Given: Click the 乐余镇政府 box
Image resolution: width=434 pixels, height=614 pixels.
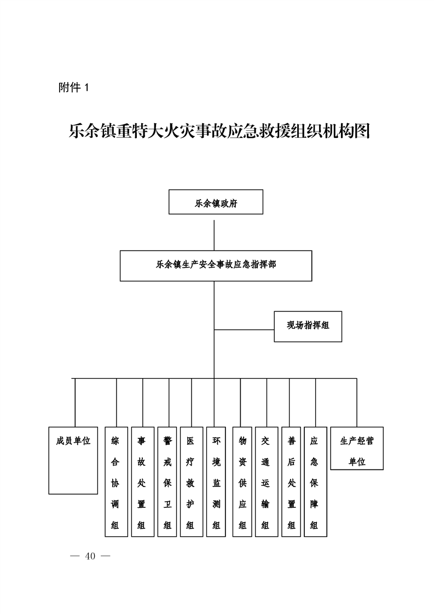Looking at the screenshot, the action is click(x=216, y=202).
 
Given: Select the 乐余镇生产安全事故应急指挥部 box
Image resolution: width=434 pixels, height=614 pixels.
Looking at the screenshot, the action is click(x=216, y=266).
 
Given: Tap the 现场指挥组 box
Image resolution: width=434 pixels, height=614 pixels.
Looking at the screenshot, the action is click(x=308, y=327).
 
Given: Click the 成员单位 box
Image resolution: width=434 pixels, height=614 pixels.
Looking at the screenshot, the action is click(x=73, y=461).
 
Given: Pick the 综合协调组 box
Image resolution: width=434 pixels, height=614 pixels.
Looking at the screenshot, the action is click(x=117, y=482).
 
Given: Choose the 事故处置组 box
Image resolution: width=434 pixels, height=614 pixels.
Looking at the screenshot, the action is click(x=143, y=482).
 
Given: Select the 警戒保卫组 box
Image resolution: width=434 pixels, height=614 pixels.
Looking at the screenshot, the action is click(x=167, y=482).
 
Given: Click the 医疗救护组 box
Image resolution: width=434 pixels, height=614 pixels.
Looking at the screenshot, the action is click(x=192, y=482).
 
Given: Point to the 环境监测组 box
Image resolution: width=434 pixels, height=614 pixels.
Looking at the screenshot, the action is click(x=216, y=482).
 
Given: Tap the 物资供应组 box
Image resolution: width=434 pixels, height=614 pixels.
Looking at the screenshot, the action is click(x=242, y=482).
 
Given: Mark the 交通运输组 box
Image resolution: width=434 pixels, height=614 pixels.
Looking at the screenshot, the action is click(x=267, y=482).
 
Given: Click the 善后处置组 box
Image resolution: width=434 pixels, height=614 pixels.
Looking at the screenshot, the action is click(x=291, y=482).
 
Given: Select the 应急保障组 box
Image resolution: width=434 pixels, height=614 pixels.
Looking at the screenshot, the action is click(x=316, y=482).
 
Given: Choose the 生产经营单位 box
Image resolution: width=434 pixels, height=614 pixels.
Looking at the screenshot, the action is click(x=357, y=448).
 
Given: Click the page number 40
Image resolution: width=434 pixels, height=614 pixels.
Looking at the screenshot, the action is click(x=90, y=556).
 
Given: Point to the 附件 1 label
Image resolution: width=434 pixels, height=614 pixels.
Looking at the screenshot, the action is click(x=74, y=88).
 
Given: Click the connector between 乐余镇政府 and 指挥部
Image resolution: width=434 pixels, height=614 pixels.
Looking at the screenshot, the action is click(x=214, y=235).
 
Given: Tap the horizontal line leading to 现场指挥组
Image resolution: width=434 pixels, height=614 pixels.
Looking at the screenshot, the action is click(x=244, y=330).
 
